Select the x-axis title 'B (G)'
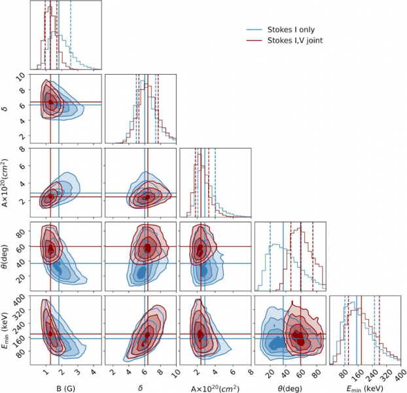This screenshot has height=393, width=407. [65, 386]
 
